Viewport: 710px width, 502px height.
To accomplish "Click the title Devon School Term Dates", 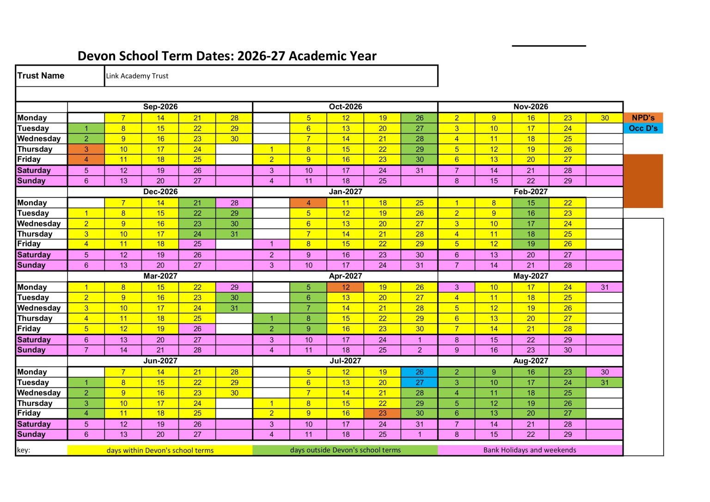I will [x=226, y=56].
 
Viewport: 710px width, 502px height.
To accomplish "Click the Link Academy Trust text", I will [x=137, y=76].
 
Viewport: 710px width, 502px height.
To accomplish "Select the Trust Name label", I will [x=41, y=76].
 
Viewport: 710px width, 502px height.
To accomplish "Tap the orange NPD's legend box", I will [x=643, y=118].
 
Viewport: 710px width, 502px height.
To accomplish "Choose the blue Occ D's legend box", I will [x=643, y=128].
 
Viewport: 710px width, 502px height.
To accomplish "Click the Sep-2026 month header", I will [x=160, y=107].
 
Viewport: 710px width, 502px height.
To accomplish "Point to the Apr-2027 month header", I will [x=345, y=276].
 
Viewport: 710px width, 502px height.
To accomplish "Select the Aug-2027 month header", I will [x=530, y=361].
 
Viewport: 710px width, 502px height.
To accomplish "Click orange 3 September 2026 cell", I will [x=86, y=149].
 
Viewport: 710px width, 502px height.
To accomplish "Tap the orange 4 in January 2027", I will [x=308, y=202].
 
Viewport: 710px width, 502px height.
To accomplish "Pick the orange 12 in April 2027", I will [x=345, y=287].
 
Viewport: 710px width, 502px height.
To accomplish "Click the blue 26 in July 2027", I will [x=419, y=372].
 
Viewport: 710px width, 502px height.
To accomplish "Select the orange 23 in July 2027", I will [x=382, y=413].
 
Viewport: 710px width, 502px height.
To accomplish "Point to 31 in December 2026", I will [x=234, y=234].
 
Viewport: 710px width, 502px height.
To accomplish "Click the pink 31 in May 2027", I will [x=605, y=287].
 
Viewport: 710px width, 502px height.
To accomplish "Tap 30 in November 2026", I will [x=605, y=118].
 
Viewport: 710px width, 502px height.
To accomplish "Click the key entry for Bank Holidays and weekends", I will [x=530, y=450].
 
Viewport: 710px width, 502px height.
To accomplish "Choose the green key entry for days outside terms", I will [x=345, y=450].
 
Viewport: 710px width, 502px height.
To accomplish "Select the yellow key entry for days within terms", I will [x=160, y=450].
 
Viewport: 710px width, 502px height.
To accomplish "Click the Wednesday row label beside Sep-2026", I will [x=39, y=139].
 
